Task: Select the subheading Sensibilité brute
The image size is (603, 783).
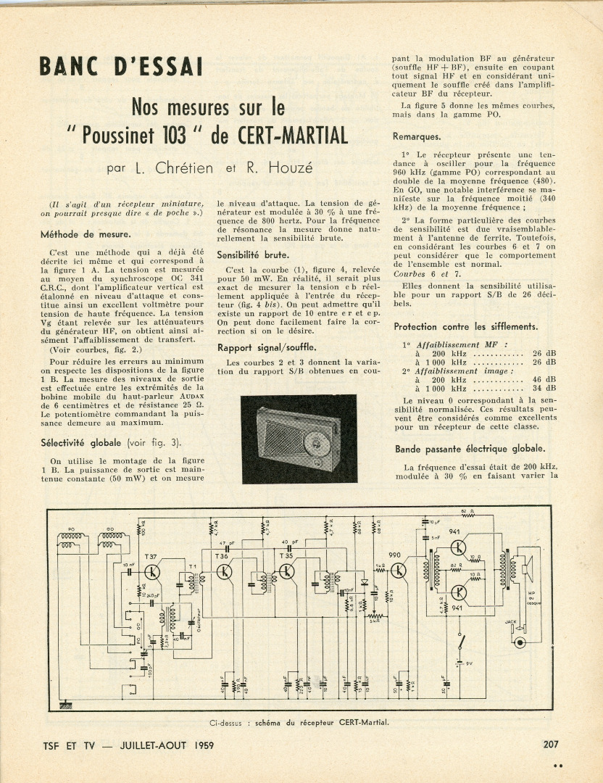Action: click(x=253, y=254)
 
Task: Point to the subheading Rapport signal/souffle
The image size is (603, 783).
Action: click(x=267, y=347)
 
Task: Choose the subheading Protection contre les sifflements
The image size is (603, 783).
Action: click(x=466, y=326)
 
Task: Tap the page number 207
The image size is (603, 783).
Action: click(x=550, y=743)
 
